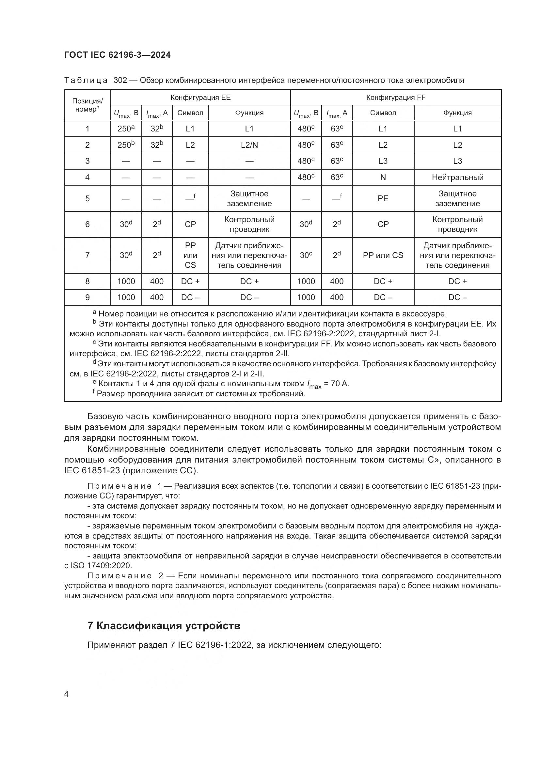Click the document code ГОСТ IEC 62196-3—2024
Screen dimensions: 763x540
pyautogui.click(x=117, y=55)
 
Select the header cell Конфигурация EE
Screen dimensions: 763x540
pyautogui.click(x=200, y=97)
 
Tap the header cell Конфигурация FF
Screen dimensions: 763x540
pyautogui.click(x=396, y=97)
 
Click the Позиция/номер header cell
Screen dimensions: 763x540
pyautogui.click(x=87, y=105)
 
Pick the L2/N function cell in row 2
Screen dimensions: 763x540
pyautogui.click(x=249, y=145)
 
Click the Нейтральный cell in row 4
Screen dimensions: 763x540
pyautogui.click(x=457, y=177)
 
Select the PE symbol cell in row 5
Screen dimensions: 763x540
pyautogui.click(x=383, y=198)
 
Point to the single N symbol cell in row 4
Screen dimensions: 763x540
pyautogui.click(x=383, y=177)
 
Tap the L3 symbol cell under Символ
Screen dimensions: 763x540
pyautogui.click(x=383, y=161)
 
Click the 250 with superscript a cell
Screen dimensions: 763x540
pyautogui.click(x=126, y=129)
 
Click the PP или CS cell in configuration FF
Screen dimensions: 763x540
pyautogui.click(x=383, y=255)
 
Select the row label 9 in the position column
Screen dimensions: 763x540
pyautogui.click(x=87, y=298)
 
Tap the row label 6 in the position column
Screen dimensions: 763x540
pyautogui.click(x=87, y=224)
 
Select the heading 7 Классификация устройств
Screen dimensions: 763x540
pyautogui.click(x=164, y=625)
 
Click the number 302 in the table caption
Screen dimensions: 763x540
pyautogui.click(x=120, y=80)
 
